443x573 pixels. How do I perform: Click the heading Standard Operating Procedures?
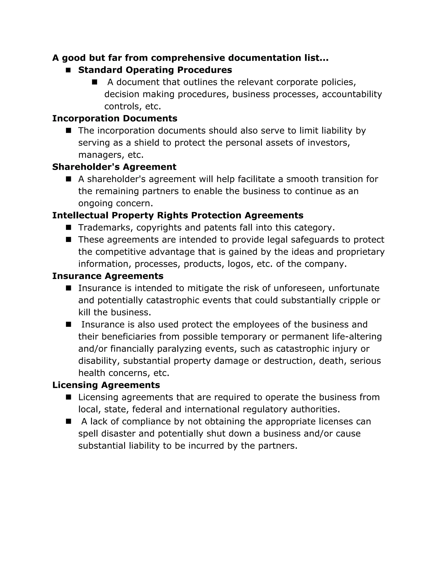155,70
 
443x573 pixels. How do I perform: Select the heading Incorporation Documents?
115,118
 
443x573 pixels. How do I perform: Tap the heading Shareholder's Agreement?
114,167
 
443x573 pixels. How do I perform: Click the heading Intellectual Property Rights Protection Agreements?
178,215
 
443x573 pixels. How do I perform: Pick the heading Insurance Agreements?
108,276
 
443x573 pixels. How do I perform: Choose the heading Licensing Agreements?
106,385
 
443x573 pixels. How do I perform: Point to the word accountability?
352,94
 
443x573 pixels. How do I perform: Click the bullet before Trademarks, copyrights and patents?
69,227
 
